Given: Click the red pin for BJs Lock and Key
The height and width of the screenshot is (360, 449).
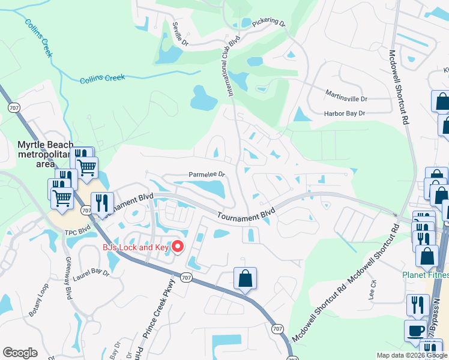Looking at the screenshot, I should point(178,246).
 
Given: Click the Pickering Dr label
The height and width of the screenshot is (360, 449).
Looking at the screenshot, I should point(268,22).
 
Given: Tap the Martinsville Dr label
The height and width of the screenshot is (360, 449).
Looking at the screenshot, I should point(346,96).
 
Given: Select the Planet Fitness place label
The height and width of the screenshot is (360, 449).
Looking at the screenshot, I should point(426,275).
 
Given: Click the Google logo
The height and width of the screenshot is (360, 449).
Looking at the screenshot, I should point(20,353).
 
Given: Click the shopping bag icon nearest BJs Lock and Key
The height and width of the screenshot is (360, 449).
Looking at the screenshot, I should point(245,279).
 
